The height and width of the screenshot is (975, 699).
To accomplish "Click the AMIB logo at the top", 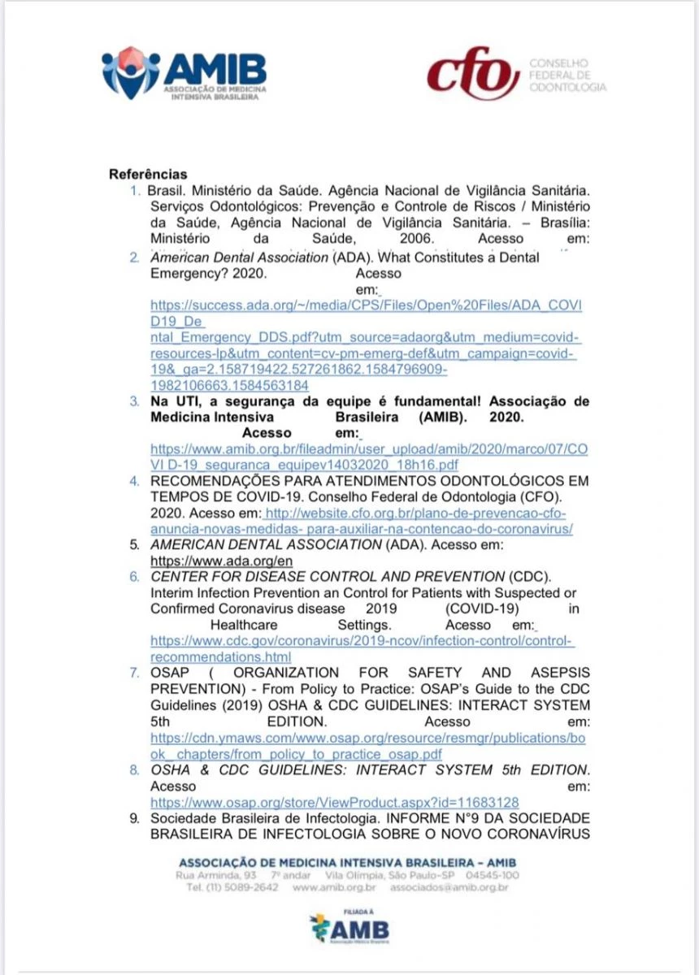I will [185, 72].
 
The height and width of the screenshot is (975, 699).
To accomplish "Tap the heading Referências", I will [148, 175].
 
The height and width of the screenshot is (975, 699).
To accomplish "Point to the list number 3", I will [134, 401].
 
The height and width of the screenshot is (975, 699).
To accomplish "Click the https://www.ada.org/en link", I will [222, 561].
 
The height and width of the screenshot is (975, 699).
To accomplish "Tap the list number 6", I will [134, 577].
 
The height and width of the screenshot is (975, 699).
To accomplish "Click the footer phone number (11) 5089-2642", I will [232, 888].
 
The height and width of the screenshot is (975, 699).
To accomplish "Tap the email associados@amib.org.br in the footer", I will [449, 888].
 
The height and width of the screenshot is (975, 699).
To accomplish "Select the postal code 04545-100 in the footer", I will [493, 875].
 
